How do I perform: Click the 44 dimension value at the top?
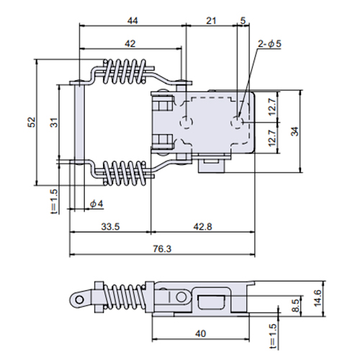pos(132,21)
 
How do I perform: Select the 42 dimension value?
pos(130,44)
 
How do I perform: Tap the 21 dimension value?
pos(211,21)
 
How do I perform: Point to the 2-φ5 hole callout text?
pos(269,44)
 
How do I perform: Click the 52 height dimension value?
pos(32,122)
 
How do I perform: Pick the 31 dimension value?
pos(55,122)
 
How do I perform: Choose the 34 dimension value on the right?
pos(295,131)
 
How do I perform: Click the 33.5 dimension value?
pos(110,227)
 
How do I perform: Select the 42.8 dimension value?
pos(203,227)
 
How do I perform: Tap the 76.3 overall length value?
pos(162,249)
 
